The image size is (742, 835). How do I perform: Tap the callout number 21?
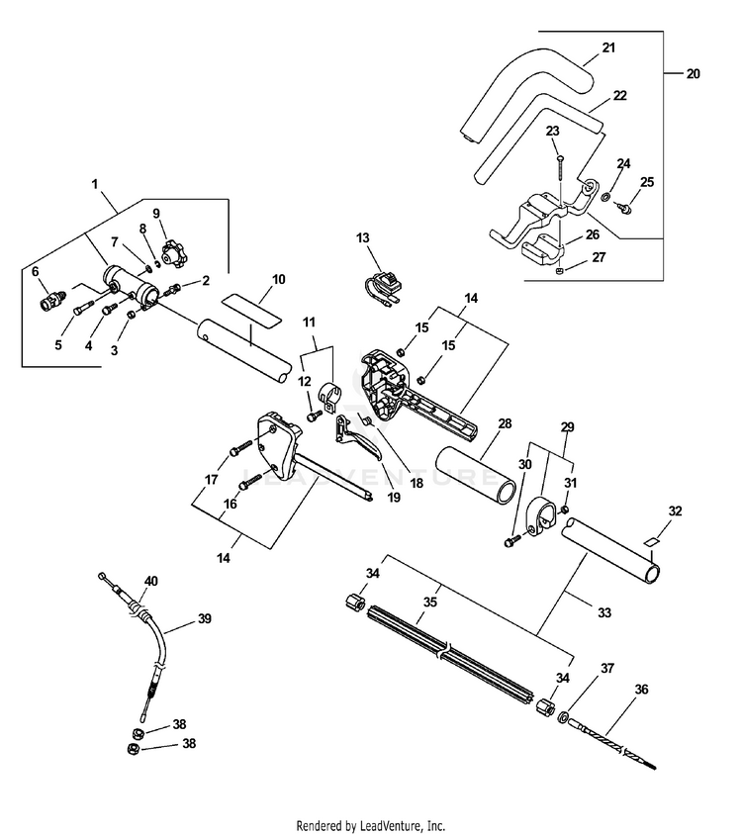608,47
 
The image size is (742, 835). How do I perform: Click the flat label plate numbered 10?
252,310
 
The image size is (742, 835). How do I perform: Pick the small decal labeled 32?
651,542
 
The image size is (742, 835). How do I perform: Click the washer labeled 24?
605,198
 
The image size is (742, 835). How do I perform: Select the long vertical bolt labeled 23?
560,177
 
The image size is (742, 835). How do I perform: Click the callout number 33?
604,613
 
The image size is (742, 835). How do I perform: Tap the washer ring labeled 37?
563,718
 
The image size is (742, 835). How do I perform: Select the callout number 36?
641,690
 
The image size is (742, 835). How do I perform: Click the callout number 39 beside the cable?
205,618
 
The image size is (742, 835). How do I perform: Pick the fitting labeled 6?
52,304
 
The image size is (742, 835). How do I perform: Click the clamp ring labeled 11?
330,399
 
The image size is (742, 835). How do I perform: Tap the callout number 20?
693,74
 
